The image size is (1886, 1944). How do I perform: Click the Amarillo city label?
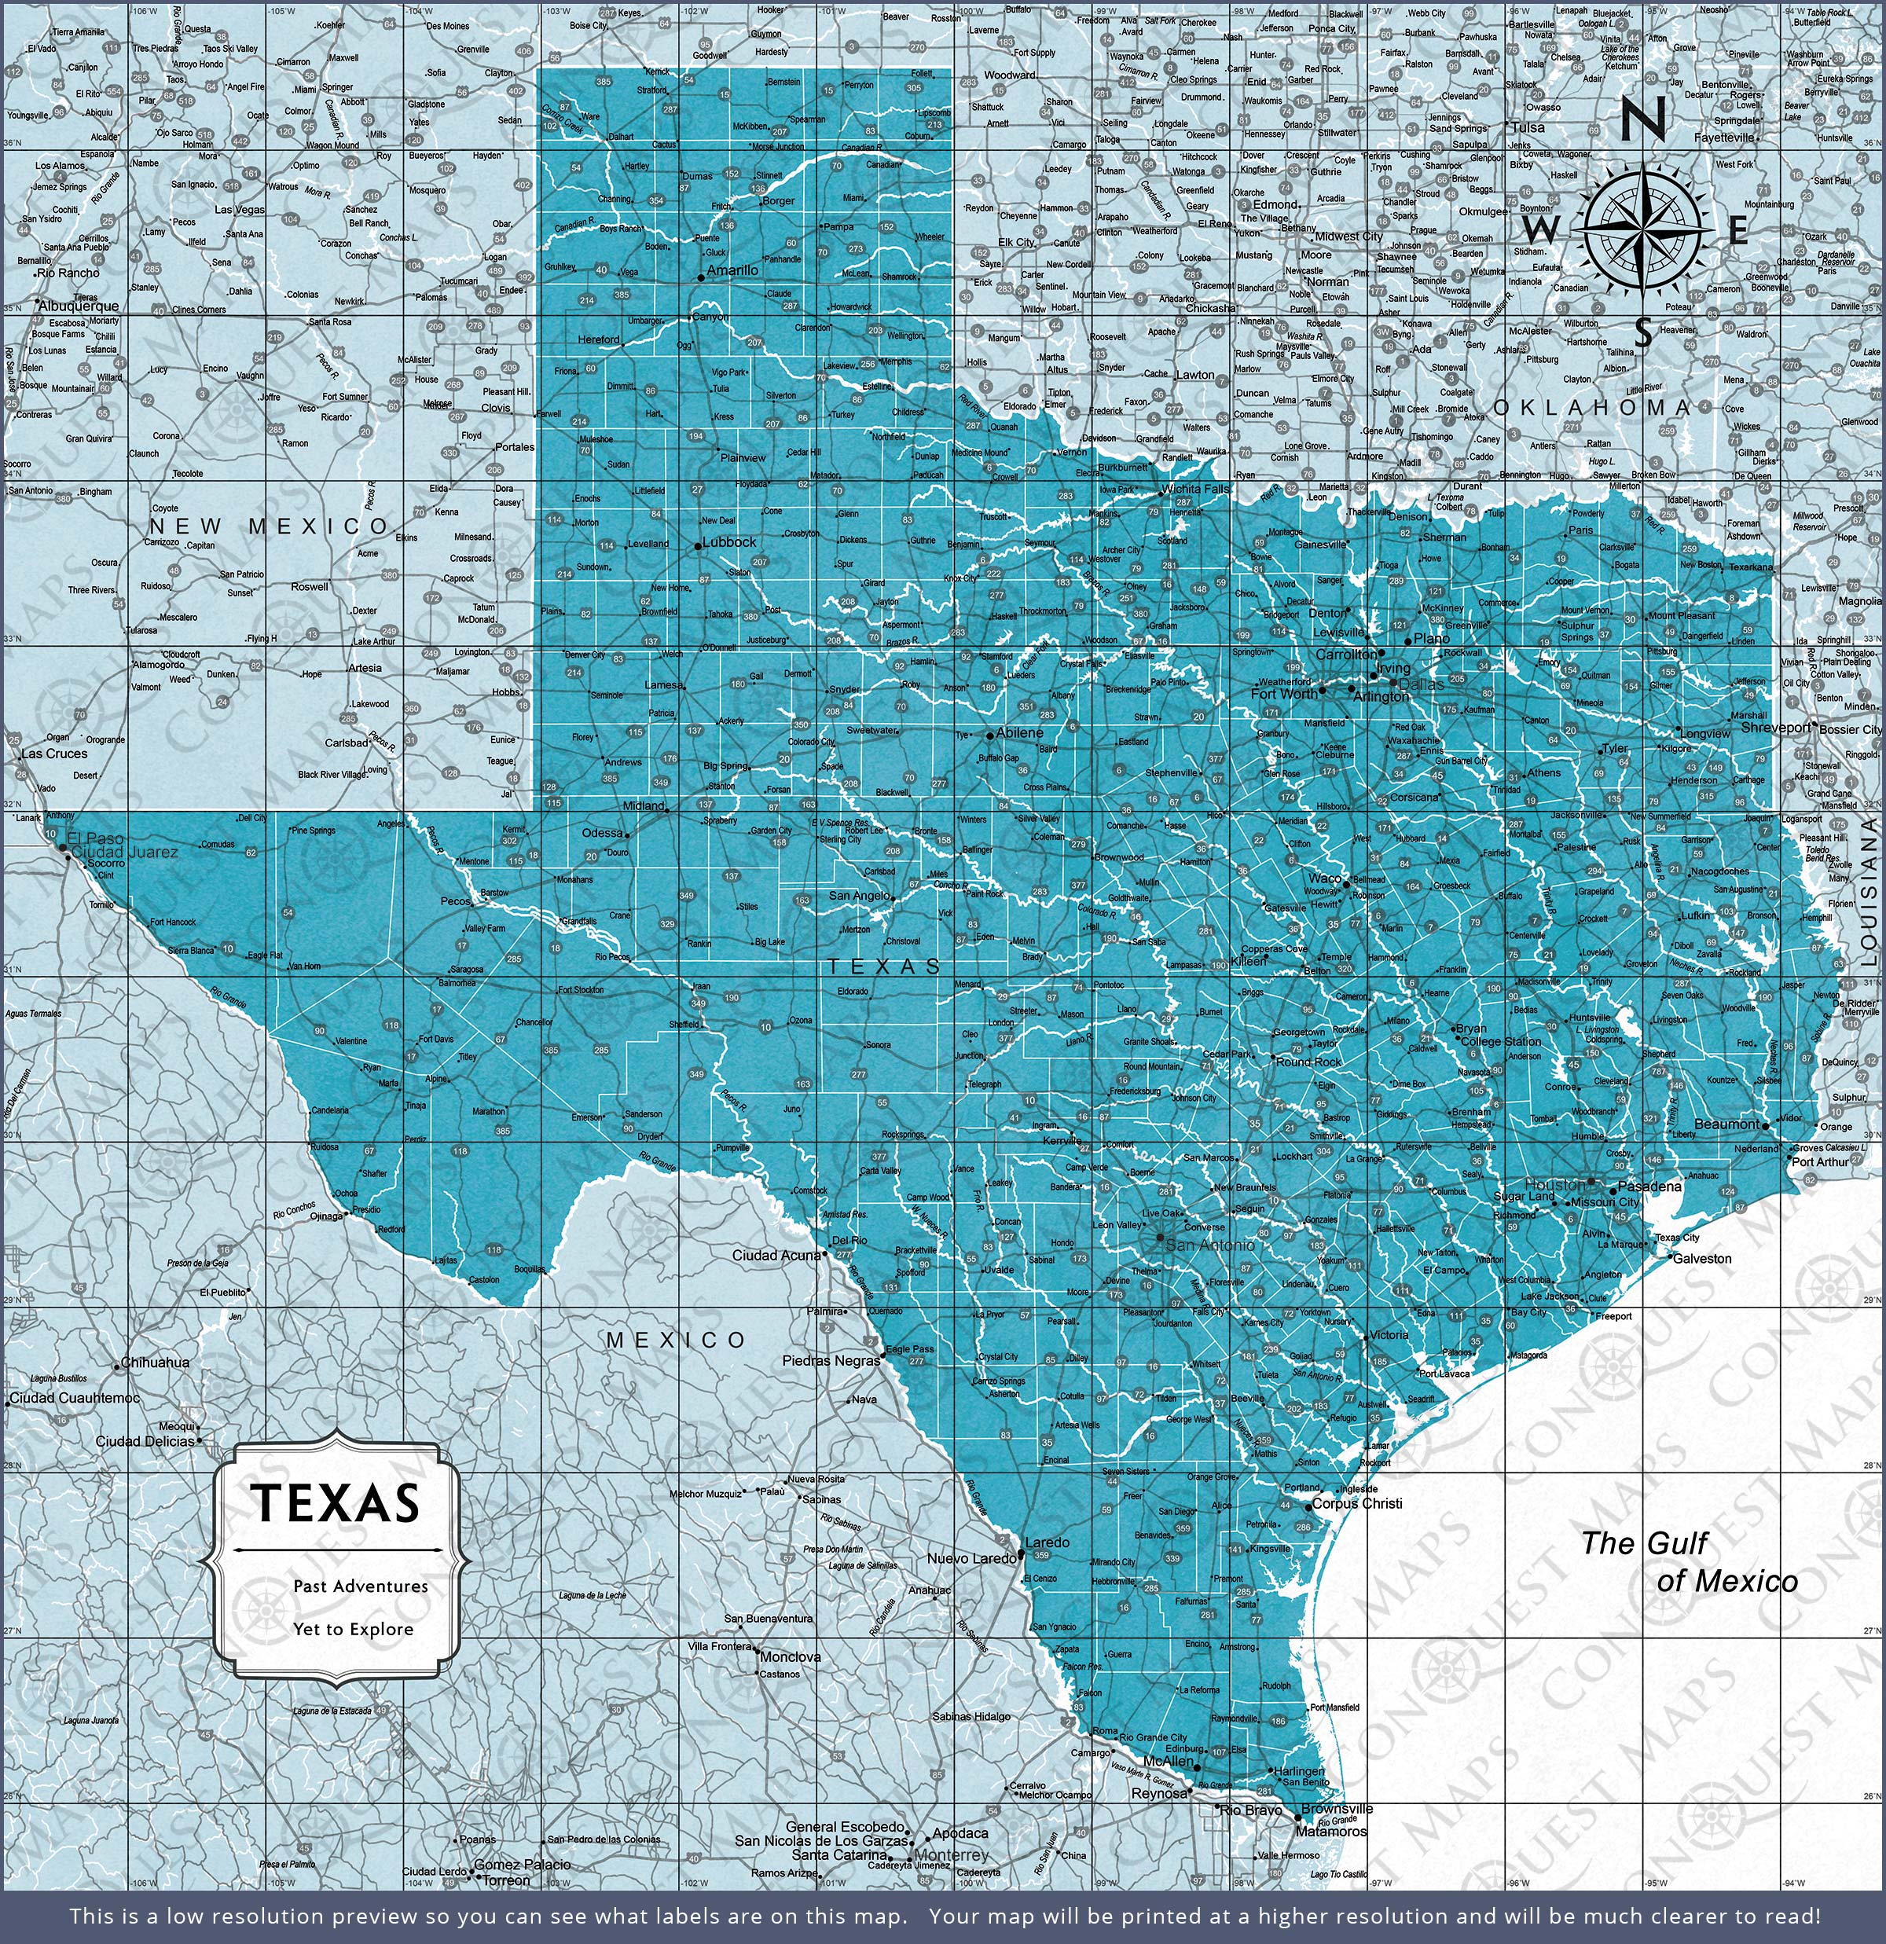click(x=732, y=270)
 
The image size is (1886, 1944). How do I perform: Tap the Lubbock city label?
click(x=729, y=542)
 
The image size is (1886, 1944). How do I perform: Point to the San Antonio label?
click(x=1209, y=1244)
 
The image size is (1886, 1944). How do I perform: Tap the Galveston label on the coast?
click(x=1701, y=1258)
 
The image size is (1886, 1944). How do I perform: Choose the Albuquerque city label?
click(x=79, y=306)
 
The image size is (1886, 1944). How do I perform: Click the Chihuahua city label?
click(x=155, y=1363)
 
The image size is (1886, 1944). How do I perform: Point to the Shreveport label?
click(x=1776, y=727)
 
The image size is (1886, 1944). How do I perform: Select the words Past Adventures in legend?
click(x=360, y=1586)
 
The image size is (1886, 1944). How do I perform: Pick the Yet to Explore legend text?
click(x=352, y=1629)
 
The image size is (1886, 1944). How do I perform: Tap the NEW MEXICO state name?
click(x=269, y=526)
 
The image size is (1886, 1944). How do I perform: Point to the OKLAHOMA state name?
click(x=1591, y=408)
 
